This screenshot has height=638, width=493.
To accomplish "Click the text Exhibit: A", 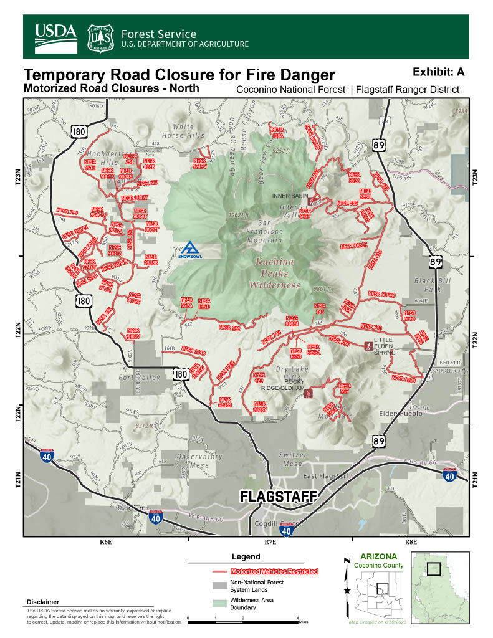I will pyautogui.click(x=438, y=72).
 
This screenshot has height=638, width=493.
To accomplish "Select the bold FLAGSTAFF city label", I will pyautogui.click(x=279, y=496).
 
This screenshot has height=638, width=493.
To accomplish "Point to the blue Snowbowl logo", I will pyautogui.click(x=188, y=250).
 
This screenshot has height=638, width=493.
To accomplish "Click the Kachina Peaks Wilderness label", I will pyautogui.click(x=275, y=274).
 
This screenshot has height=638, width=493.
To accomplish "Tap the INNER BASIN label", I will pyautogui.click(x=290, y=195).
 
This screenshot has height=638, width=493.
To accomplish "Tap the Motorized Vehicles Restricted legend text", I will pyautogui.click(x=274, y=571).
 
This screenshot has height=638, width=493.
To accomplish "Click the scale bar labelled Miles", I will pyautogui.click(x=243, y=621).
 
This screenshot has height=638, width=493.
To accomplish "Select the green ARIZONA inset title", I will pyautogui.click(x=375, y=556).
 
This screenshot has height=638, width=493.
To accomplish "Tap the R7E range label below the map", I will pyautogui.click(x=270, y=542).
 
